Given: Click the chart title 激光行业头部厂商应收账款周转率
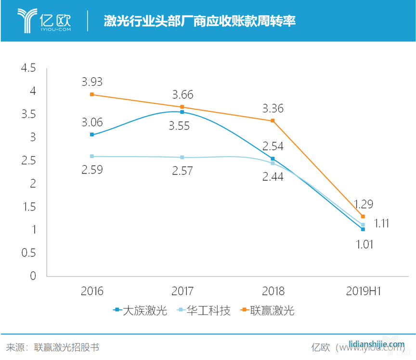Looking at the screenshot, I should click(199, 21).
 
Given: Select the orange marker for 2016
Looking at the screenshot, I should click(92, 94).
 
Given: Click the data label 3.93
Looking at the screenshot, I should click(92, 81).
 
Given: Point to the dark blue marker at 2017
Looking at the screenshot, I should click(182, 112).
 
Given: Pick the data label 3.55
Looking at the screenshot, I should click(182, 126).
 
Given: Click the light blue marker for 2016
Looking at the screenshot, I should click(92, 156).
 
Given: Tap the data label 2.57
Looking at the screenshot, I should click(182, 170).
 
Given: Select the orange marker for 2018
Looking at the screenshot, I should click(273, 120).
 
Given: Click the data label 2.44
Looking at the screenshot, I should click(273, 177).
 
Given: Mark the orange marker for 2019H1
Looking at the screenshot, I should click(363, 216).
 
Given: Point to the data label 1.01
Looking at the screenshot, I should click(363, 244).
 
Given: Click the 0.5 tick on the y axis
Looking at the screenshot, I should click(28, 253).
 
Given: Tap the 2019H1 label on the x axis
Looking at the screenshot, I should click(363, 291).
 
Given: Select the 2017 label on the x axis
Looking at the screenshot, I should click(182, 291).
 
